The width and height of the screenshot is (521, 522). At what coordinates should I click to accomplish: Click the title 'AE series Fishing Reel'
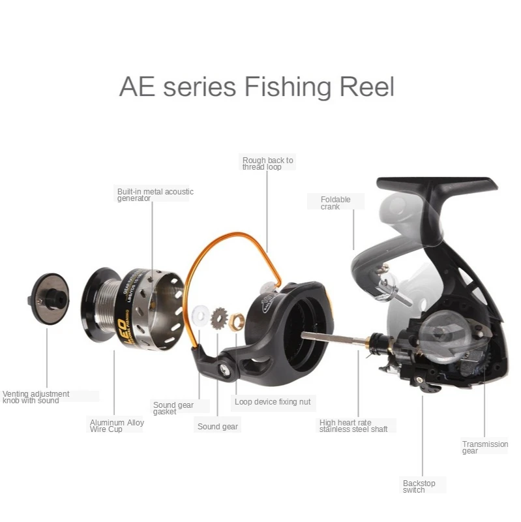click(256, 87)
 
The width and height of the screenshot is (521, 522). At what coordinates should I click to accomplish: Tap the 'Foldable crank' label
click(335, 203)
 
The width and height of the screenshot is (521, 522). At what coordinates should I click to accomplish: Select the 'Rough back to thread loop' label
click(267, 163)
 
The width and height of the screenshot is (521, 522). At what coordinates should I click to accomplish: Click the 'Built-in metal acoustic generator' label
click(155, 194)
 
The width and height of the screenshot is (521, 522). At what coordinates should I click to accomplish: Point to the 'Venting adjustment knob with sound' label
click(36, 397)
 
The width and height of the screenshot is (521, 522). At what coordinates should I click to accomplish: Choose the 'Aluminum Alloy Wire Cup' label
click(117, 425)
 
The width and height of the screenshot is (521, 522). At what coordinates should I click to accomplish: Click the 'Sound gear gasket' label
click(173, 408)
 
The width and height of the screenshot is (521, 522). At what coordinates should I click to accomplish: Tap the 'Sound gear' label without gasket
click(218, 427)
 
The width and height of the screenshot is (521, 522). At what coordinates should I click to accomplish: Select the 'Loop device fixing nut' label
click(273, 402)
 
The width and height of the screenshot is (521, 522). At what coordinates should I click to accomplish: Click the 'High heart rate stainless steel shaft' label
click(353, 425)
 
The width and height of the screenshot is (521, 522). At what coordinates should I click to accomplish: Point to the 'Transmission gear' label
click(484, 447)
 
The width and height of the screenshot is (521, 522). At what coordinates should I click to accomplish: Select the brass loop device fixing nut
click(238, 320)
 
